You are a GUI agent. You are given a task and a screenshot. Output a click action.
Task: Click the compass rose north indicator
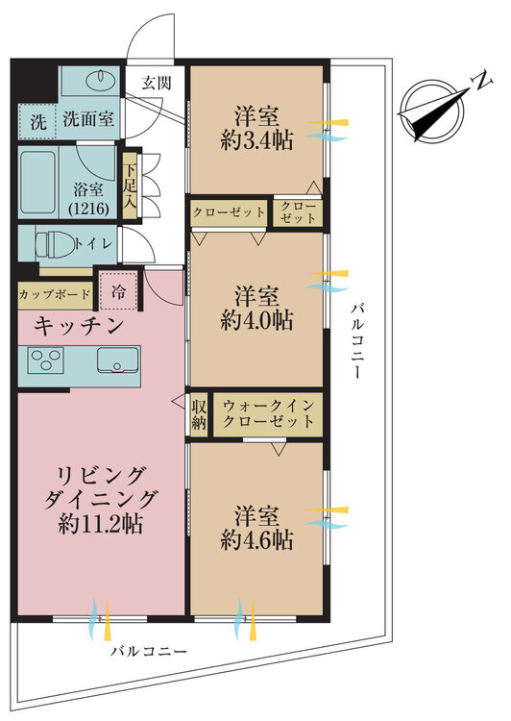click(436, 106)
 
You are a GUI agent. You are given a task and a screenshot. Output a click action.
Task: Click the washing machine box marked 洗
click(37, 122)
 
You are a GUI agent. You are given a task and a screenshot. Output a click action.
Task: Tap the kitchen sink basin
click(120, 362)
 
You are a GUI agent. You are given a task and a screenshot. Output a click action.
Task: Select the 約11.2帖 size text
click(101, 525)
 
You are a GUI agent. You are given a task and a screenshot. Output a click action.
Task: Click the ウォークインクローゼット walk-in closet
click(267, 413)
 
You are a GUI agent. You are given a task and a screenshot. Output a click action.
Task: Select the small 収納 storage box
click(199, 413)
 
